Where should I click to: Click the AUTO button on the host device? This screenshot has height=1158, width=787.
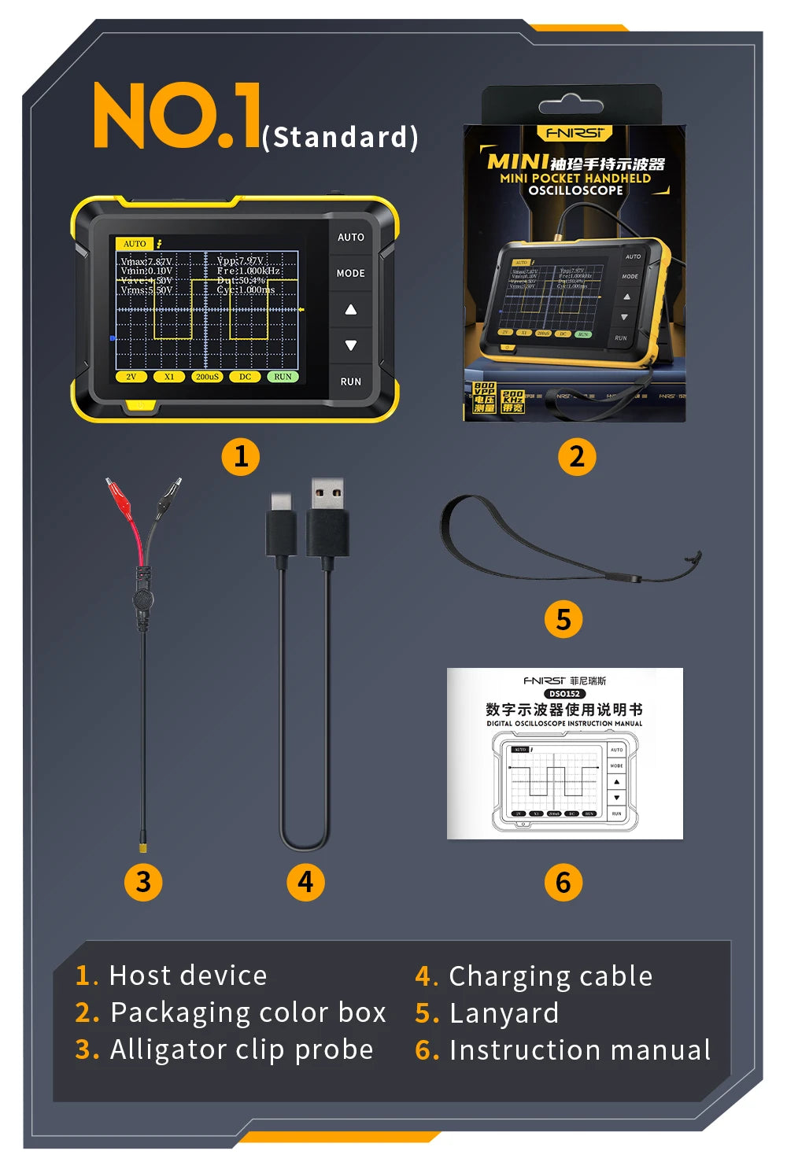[x=350, y=237]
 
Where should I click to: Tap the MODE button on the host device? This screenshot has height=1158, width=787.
[x=350, y=273]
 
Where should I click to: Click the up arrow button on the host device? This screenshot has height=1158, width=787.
[x=350, y=309]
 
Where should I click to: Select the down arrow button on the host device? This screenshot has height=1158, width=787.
[x=350, y=345]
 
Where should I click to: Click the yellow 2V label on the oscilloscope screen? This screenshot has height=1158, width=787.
[x=131, y=377]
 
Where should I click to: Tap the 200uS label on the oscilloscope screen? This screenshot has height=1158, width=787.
[x=207, y=377]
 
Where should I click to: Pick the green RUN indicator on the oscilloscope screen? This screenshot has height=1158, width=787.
[x=283, y=377]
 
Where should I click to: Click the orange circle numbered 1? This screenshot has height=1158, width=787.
[x=241, y=456]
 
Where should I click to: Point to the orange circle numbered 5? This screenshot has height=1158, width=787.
[x=563, y=619]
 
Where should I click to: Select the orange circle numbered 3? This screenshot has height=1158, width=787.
[x=143, y=882]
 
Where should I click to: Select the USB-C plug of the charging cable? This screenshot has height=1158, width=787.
[x=282, y=525]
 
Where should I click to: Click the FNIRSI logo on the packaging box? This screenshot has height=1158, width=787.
[x=575, y=133]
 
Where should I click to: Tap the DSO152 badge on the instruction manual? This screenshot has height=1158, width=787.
[x=564, y=694]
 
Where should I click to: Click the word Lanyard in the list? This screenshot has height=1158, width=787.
[x=504, y=1013]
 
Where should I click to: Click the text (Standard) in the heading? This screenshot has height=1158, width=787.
[x=340, y=137]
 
